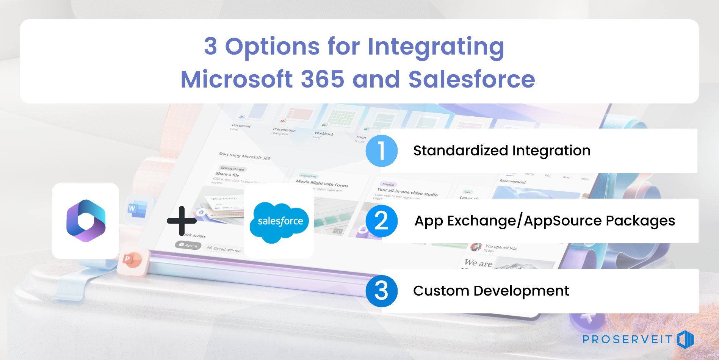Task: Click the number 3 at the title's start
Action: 211,47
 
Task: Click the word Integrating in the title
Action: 436,47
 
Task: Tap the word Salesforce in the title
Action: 472,79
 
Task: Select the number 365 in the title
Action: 323,79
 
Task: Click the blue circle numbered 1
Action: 382,151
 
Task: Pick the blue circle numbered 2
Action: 382,221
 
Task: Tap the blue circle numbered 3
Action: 382,291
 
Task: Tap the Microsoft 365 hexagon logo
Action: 86,221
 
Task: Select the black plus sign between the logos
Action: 182,221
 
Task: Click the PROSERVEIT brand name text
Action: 628,339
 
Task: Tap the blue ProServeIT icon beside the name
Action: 685,339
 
